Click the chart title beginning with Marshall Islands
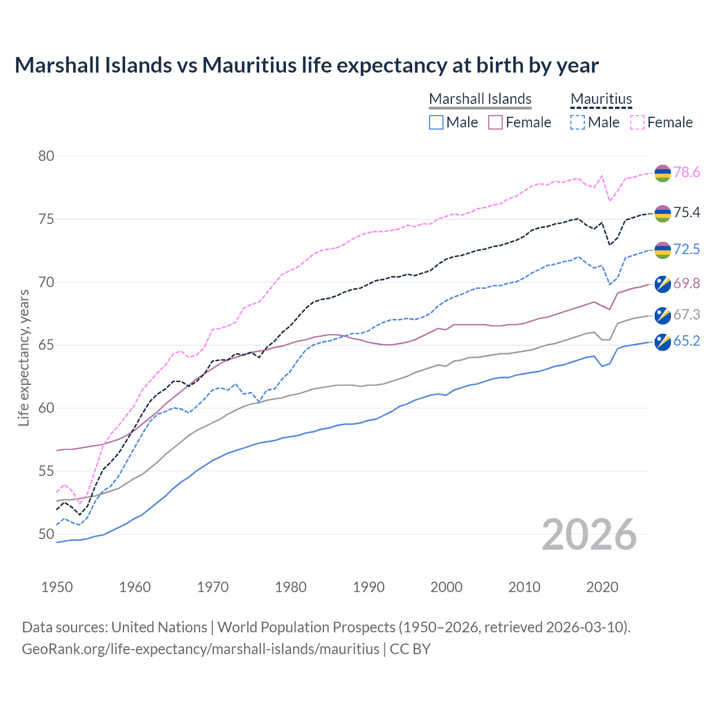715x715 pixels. (x=307, y=65)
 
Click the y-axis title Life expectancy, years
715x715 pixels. (x=23, y=357)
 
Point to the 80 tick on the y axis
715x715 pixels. (x=46, y=156)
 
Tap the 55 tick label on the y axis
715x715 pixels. (x=46, y=471)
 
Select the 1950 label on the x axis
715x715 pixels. (x=57, y=587)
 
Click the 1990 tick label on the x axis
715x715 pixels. (x=369, y=587)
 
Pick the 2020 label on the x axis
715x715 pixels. (x=602, y=587)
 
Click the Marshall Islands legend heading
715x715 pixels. (x=480, y=99)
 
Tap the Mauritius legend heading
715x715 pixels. (x=601, y=99)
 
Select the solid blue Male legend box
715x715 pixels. (x=436, y=122)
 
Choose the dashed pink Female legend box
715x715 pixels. (x=637, y=122)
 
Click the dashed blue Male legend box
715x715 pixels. (x=578, y=122)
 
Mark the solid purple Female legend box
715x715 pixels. (x=495, y=122)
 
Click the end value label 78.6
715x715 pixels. (x=687, y=173)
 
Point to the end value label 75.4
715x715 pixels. (x=687, y=212)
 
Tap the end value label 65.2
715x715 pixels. (x=687, y=341)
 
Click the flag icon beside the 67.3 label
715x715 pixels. (x=662, y=315)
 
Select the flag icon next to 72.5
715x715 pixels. (x=662, y=251)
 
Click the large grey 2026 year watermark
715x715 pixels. (x=589, y=535)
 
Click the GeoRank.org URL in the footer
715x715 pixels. (x=201, y=649)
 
